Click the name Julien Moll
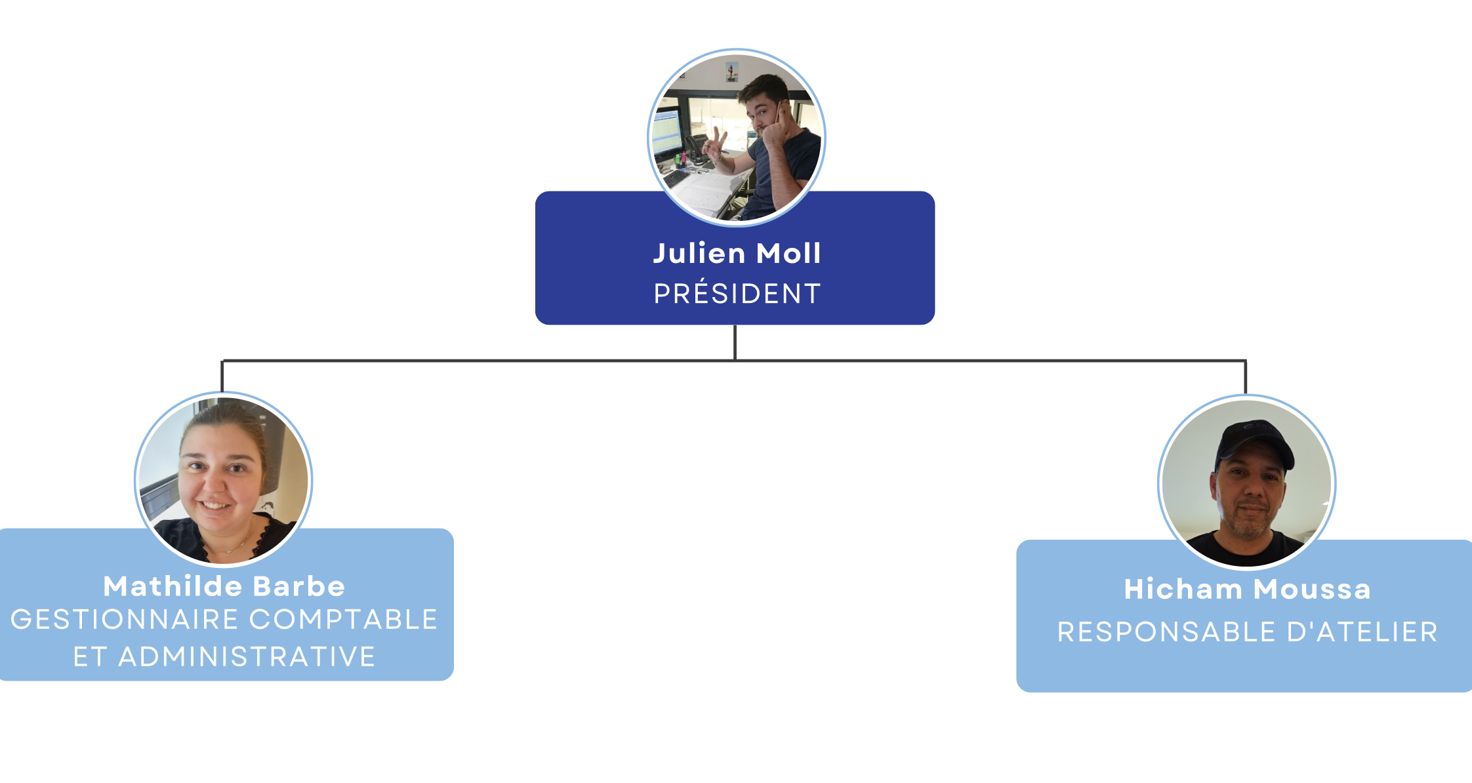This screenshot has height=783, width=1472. click(x=737, y=254)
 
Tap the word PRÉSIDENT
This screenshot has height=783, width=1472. click(x=737, y=294)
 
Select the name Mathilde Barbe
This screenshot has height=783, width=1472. click(x=224, y=586)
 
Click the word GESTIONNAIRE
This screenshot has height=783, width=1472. click(x=125, y=620)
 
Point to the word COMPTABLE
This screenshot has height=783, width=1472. click(x=343, y=620)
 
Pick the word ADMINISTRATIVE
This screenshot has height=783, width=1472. click(x=247, y=657)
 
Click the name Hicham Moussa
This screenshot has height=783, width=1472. click(x=1247, y=590)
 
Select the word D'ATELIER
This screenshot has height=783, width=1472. click(x=1362, y=632)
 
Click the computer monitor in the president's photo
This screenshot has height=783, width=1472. click(x=666, y=131)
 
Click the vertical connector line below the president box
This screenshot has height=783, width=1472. click(x=735, y=342)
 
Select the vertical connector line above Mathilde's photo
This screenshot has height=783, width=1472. click(x=222, y=376)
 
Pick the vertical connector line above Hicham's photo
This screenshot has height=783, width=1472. click(x=1245, y=377)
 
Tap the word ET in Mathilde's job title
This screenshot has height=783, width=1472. click(x=89, y=657)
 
